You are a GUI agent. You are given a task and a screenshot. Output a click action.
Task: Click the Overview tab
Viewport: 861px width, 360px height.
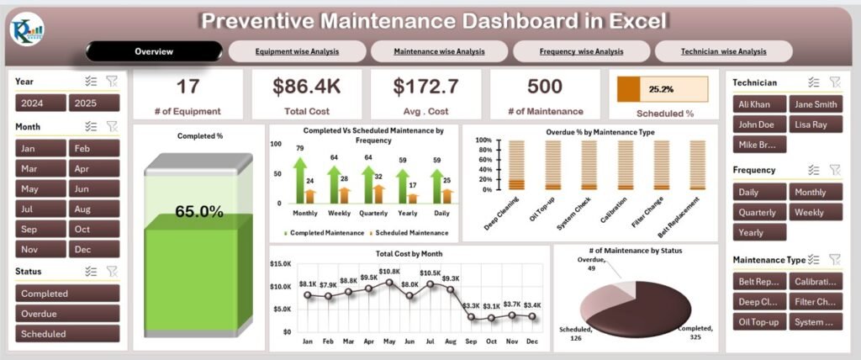154,51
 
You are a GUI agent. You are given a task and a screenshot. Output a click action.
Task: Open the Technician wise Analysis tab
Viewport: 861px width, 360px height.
723,51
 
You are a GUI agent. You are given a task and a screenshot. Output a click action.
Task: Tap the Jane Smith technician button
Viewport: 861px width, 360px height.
814,103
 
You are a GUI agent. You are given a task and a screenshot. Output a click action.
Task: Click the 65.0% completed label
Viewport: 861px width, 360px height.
198,212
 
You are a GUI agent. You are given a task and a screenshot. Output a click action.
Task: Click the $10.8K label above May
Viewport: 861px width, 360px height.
389,271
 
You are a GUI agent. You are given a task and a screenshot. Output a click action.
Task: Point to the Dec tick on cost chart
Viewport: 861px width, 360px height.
531,341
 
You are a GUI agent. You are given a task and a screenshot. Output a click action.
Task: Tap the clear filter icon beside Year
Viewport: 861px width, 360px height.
112,81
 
